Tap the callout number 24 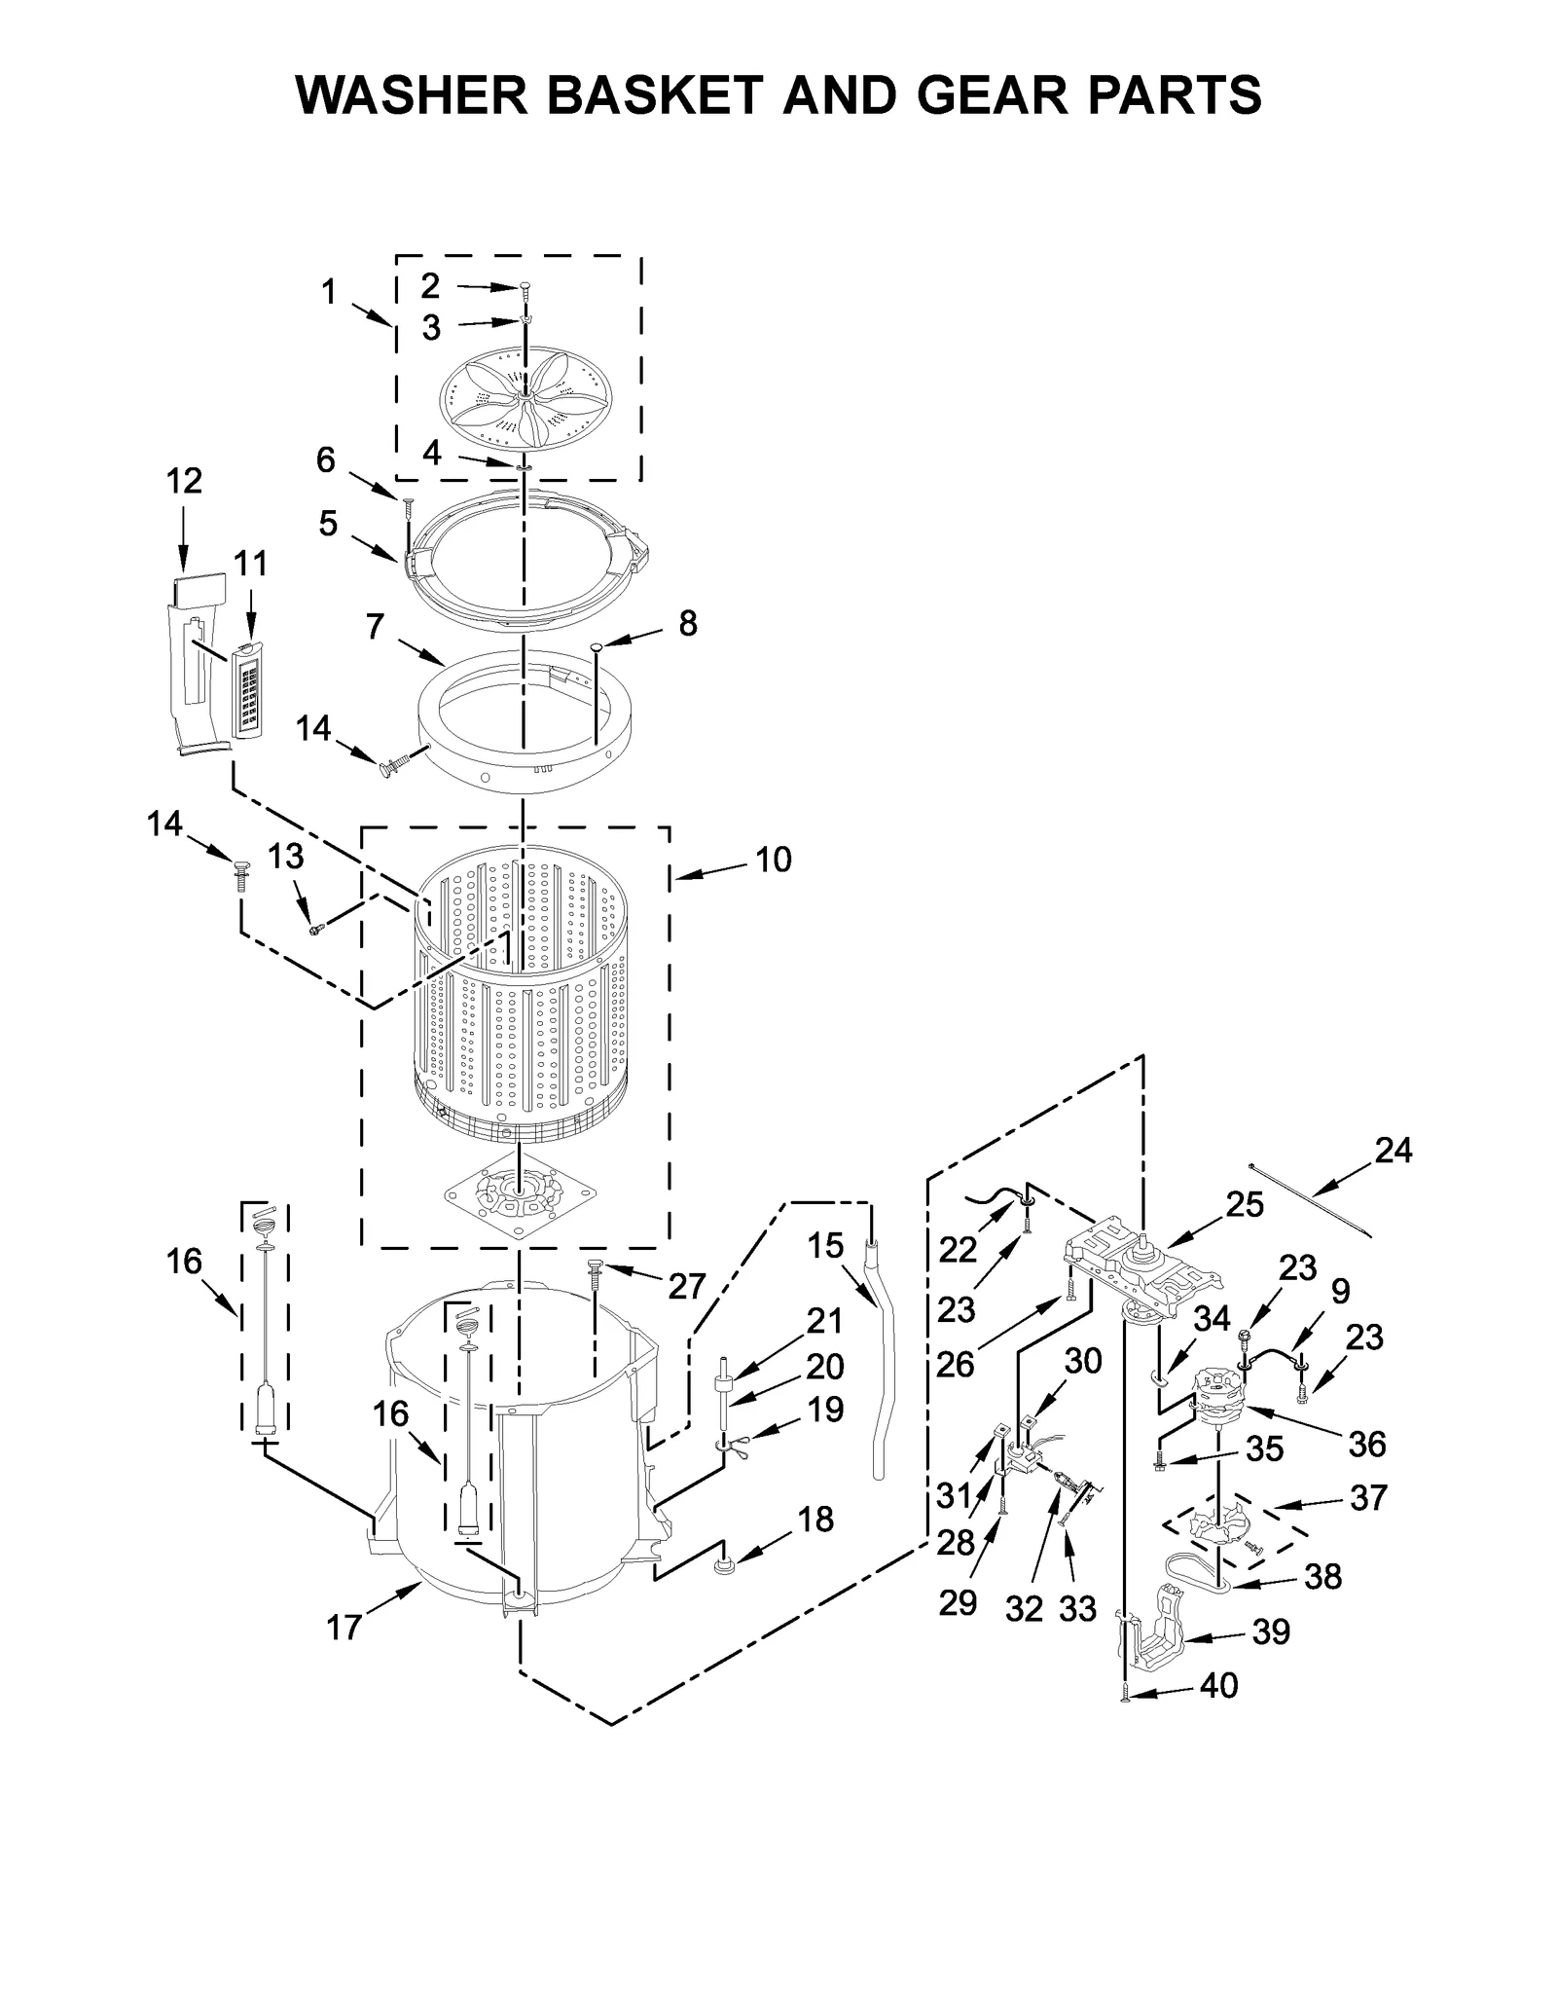pyautogui.click(x=1393, y=1151)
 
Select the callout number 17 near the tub pyautogui.click(x=344, y=1627)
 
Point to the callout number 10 pyautogui.click(x=773, y=860)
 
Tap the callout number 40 pyautogui.click(x=1218, y=1686)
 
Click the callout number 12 pyautogui.click(x=184, y=481)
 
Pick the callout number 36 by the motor pyautogui.click(x=1366, y=1445)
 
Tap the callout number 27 pyautogui.click(x=686, y=1287)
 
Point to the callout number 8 pyautogui.click(x=688, y=624)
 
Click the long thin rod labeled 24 pyautogui.click(x=1309, y=1199)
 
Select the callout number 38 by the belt pyautogui.click(x=1322, y=1576)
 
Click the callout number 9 pyautogui.click(x=1340, y=1292)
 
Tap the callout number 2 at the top pyautogui.click(x=430, y=285)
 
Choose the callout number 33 pyautogui.click(x=1077, y=1609)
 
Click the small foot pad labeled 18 pyautogui.click(x=724, y=1565)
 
